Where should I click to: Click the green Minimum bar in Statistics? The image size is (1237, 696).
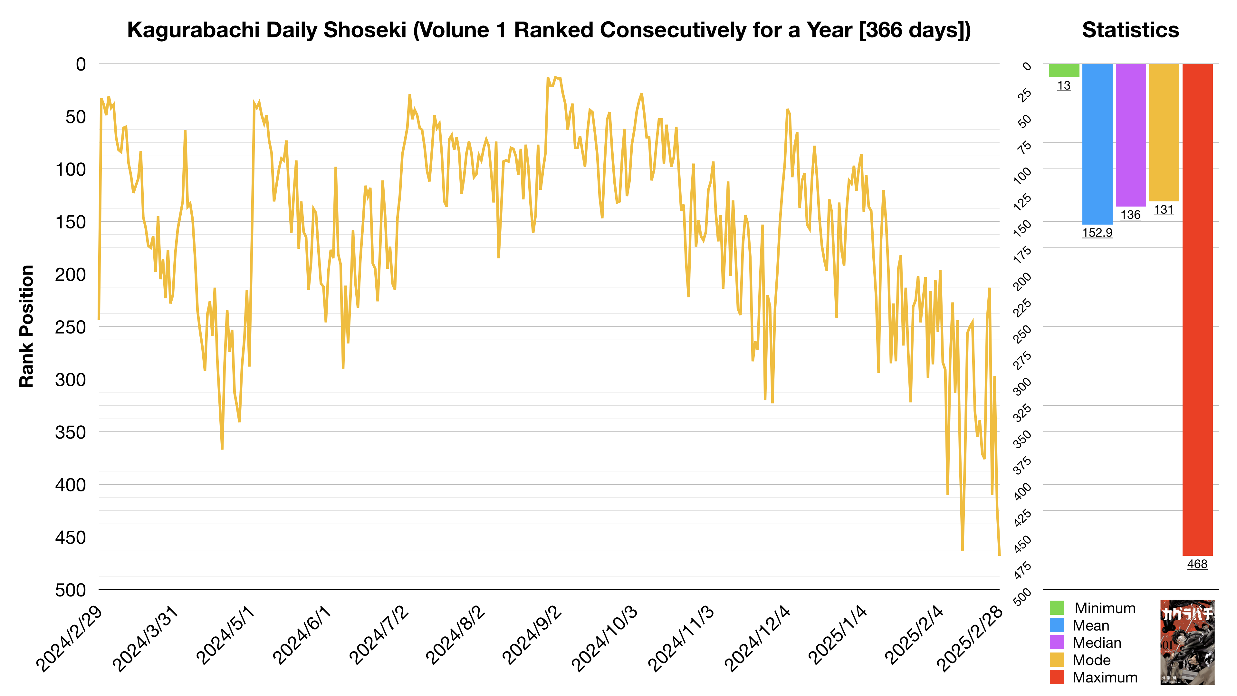[x=1064, y=70]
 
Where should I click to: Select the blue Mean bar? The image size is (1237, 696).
[x=1097, y=144]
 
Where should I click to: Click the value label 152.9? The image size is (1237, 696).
[x=1097, y=233]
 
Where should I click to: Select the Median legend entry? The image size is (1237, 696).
[x=1097, y=643]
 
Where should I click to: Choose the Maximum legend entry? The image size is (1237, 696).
[x=1105, y=677]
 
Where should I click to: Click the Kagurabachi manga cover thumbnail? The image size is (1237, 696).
[x=1187, y=642]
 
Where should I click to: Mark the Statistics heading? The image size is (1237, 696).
[x=1130, y=30]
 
